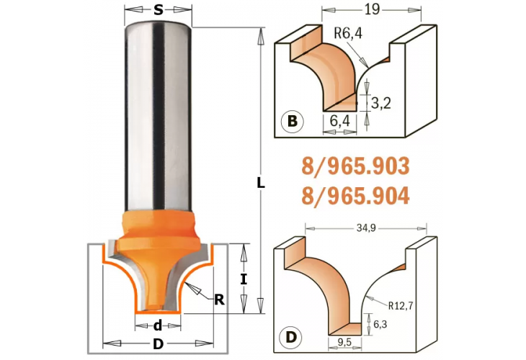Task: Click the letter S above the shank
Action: click(x=158, y=10)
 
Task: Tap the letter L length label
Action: click(x=261, y=183)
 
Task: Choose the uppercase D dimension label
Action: click(x=158, y=344)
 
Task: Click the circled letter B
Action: click(x=292, y=122)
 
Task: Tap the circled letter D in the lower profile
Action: click(x=292, y=337)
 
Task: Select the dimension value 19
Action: click(x=372, y=9)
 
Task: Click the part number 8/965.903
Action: click(x=355, y=167)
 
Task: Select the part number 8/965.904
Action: click(x=355, y=194)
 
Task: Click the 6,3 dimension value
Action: click(x=379, y=323)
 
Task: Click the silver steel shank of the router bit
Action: click(x=158, y=115)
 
